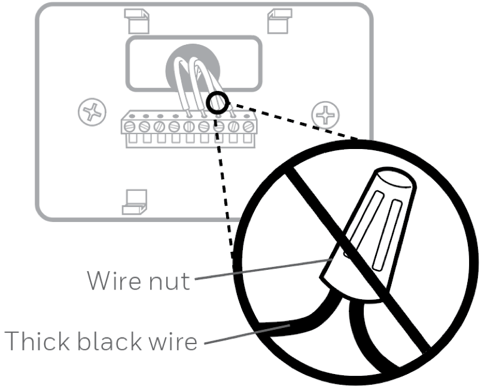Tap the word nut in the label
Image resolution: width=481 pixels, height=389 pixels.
pos(168,280)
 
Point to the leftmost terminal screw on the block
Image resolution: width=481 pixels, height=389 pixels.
pos(129,126)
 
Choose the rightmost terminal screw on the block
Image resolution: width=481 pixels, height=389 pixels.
pos(246,126)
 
